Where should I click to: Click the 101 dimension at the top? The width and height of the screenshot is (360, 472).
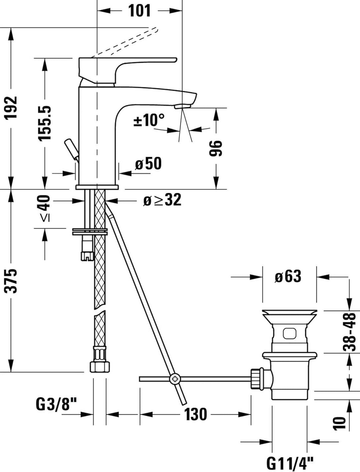pyautogui.click(x=139, y=11)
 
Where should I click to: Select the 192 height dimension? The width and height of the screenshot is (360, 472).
pyautogui.click(x=12, y=108)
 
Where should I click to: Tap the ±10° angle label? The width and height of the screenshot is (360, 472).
pyautogui.click(x=149, y=120)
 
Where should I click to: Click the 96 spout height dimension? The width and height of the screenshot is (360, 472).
pyautogui.click(x=216, y=148)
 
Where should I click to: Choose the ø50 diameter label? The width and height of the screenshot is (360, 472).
pyautogui.click(x=148, y=164)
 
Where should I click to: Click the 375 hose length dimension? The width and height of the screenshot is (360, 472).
pyautogui.click(x=12, y=280)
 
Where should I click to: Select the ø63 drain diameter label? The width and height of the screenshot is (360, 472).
pyautogui.click(x=288, y=276)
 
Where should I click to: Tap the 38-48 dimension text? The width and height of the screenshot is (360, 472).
pyautogui.click(x=349, y=332)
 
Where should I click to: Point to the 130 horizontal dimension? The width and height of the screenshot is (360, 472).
pyautogui.click(x=195, y=414)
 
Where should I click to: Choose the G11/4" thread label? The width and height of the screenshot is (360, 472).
pyautogui.click(x=290, y=463)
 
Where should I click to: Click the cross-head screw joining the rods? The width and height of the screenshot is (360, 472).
pyautogui.click(x=174, y=379)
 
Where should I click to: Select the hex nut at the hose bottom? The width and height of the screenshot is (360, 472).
pyautogui.click(x=99, y=366)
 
